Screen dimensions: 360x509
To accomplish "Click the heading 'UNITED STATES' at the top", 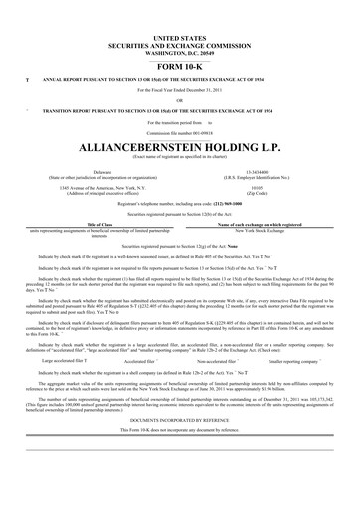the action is pos(179,35).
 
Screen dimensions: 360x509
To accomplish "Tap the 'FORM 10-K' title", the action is pos(179,62).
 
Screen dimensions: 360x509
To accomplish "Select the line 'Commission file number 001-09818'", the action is pos(179,131).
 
